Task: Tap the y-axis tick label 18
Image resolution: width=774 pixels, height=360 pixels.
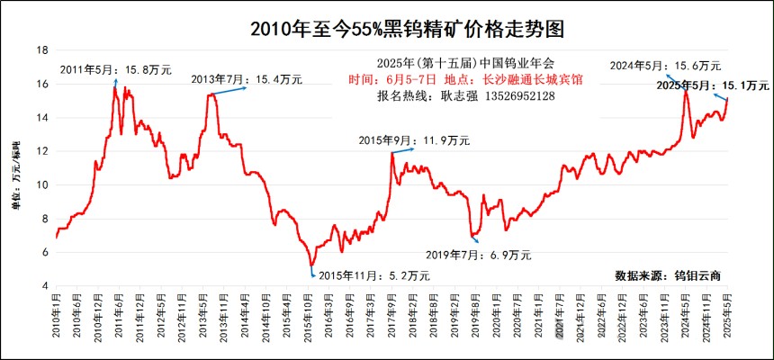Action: point(41,50)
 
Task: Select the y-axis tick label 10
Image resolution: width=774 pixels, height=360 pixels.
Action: point(41,185)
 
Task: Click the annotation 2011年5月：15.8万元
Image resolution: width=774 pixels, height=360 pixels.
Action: point(114,69)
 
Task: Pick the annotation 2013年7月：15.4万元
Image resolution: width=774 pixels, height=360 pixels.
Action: point(247,80)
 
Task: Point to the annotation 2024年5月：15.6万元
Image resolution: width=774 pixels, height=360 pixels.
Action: point(667,66)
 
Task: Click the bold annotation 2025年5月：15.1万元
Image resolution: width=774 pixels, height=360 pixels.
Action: point(711,85)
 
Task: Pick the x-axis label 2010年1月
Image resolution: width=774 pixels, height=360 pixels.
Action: point(57,321)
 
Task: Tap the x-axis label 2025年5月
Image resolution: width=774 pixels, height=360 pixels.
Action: point(727,321)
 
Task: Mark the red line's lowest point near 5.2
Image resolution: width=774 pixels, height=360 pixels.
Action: point(311,266)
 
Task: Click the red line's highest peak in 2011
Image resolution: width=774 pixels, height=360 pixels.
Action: point(115,87)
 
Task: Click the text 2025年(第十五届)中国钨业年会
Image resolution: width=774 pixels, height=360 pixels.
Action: point(453,64)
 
